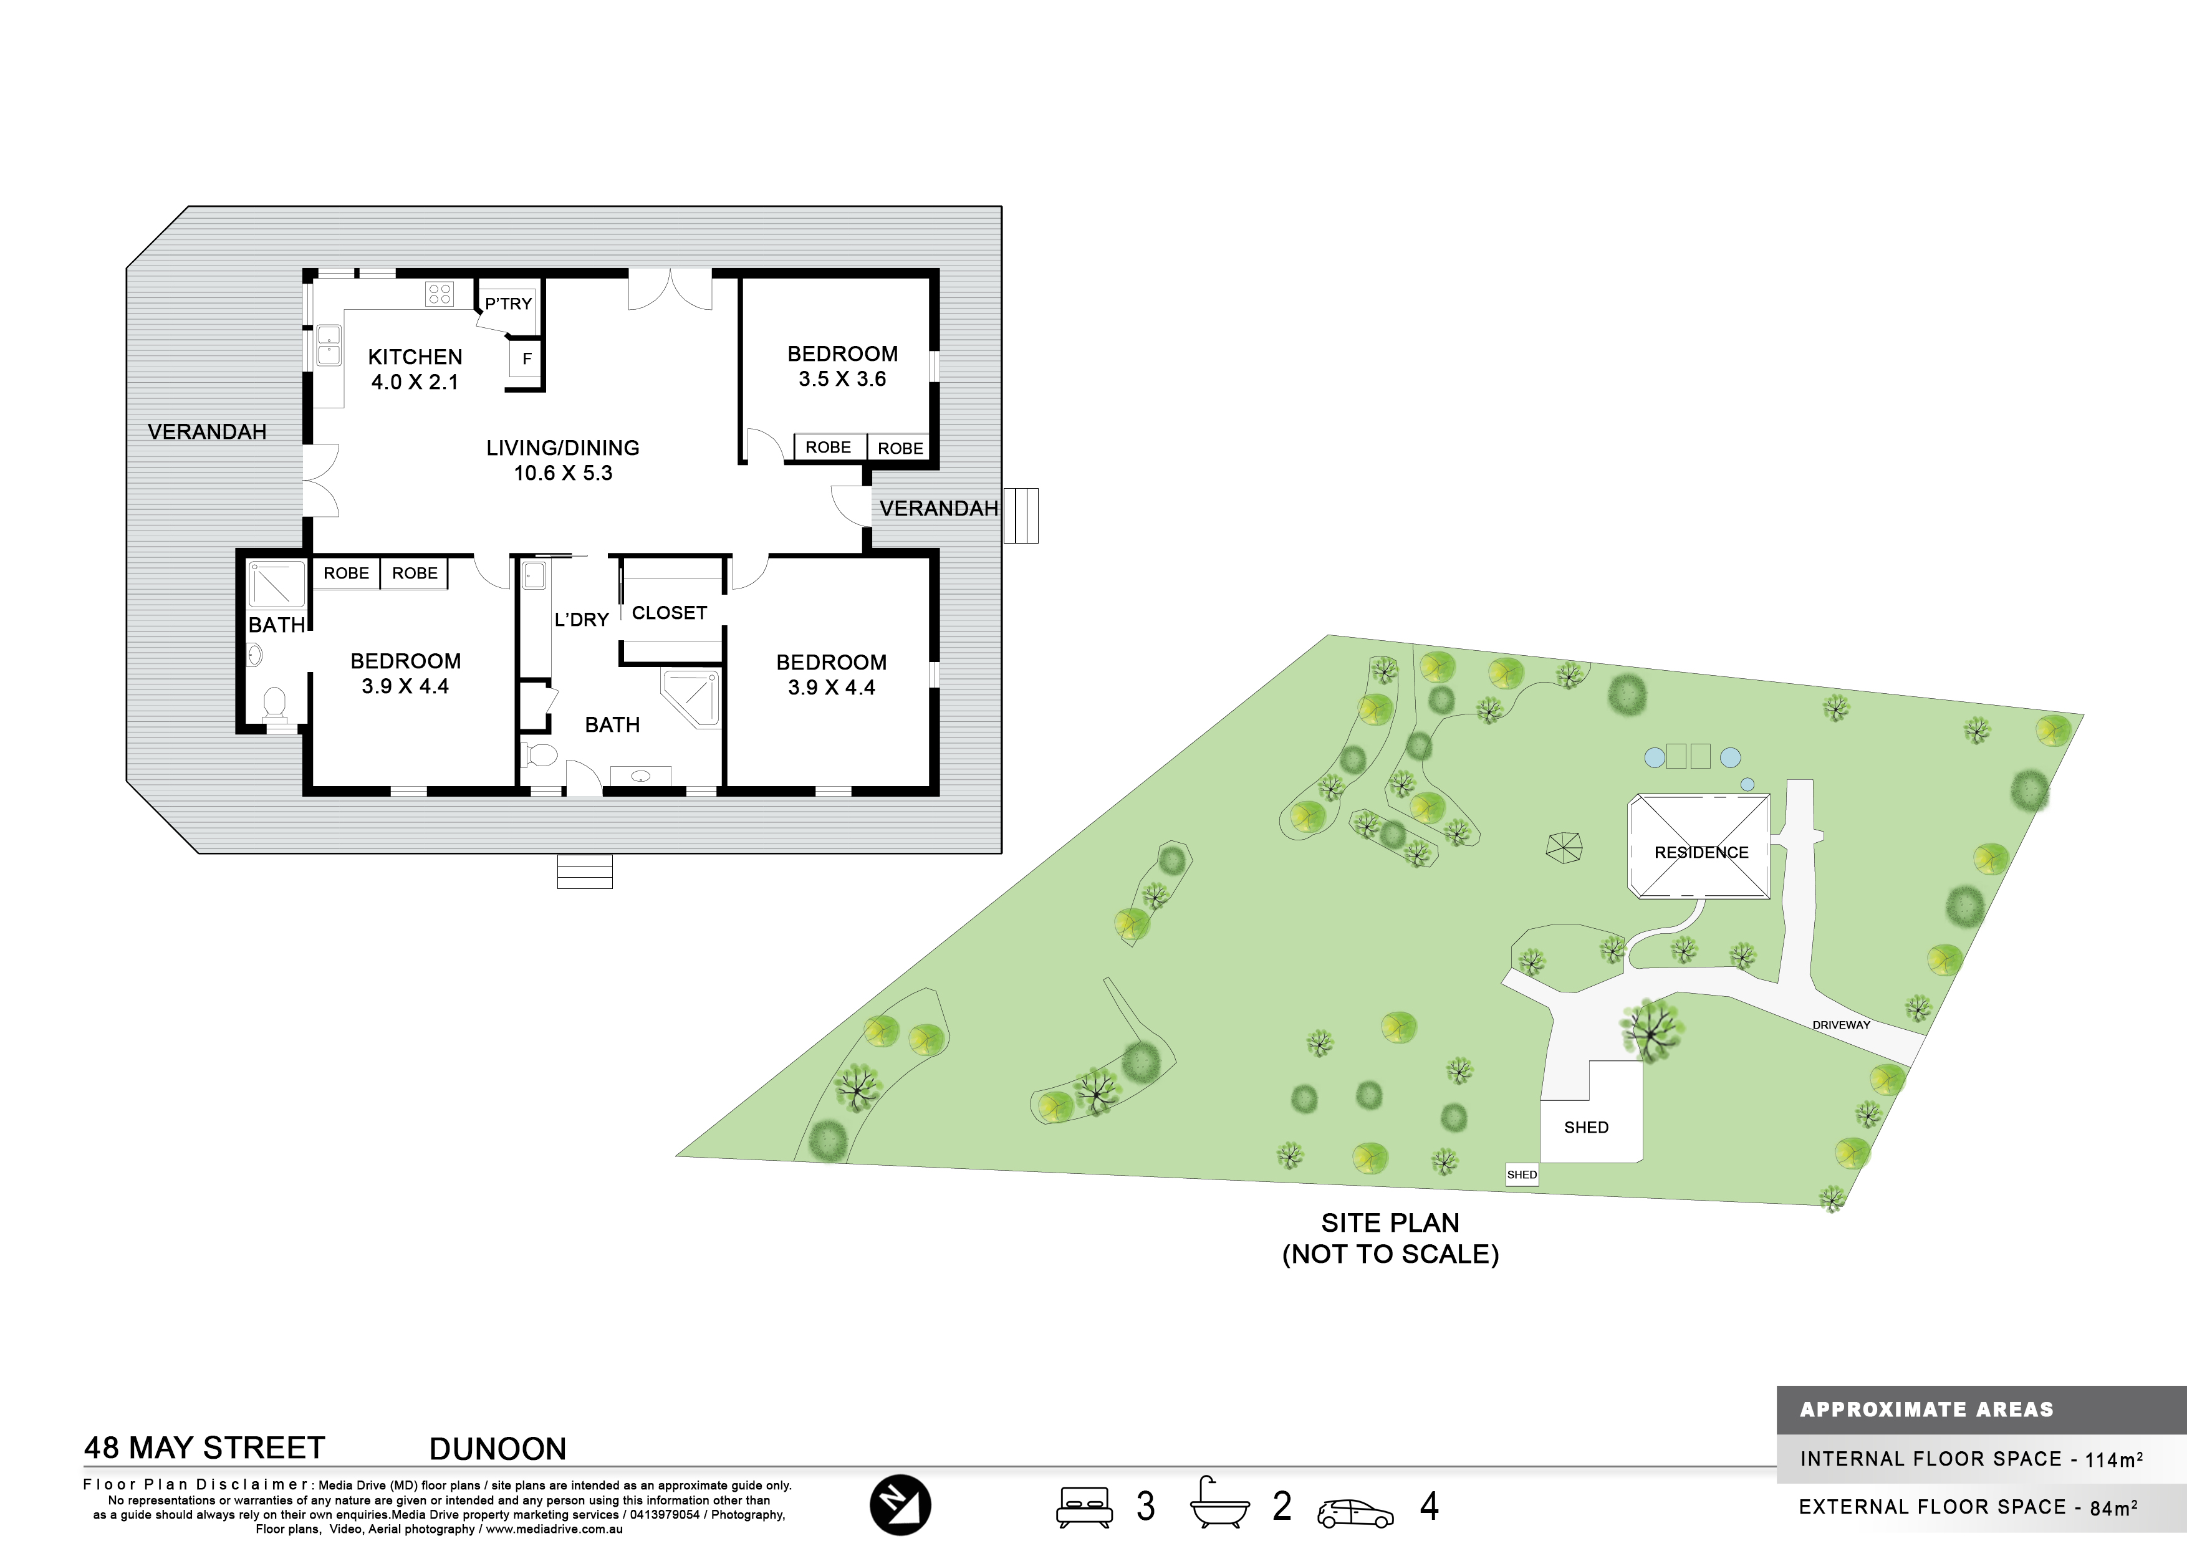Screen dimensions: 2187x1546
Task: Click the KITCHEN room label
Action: (x=415, y=357)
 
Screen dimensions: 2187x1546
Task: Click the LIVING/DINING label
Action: (x=563, y=448)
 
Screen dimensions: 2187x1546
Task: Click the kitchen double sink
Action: (x=329, y=346)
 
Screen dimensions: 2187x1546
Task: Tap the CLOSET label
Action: (x=670, y=613)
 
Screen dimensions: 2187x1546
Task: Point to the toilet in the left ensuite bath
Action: (x=273, y=703)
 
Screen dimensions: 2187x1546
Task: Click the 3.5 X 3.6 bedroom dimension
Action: (x=842, y=379)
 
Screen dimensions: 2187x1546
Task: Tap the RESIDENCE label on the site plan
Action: (x=1701, y=853)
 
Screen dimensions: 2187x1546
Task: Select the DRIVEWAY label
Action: (x=1841, y=1025)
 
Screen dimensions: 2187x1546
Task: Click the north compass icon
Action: (x=900, y=1505)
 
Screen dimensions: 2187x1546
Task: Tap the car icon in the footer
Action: (x=1355, y=1514)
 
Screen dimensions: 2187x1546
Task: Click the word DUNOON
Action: (x=498, y=1449)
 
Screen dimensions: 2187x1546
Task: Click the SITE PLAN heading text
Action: (x=1390, y=1223)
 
